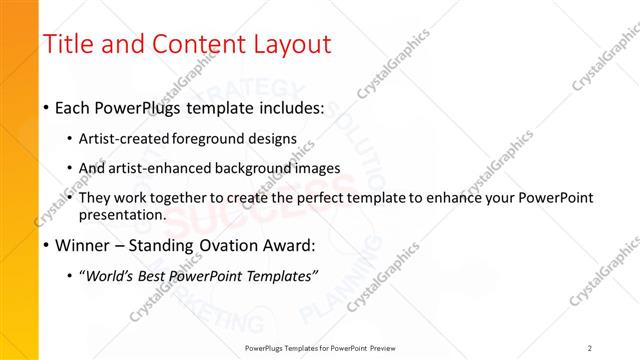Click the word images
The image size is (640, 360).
328,167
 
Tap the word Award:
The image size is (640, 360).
290,244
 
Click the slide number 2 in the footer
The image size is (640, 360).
589,348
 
